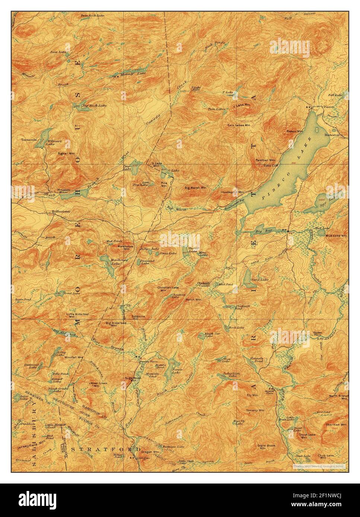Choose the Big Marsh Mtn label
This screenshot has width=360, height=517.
[195, 188]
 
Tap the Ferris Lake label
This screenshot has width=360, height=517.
[177, 370]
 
